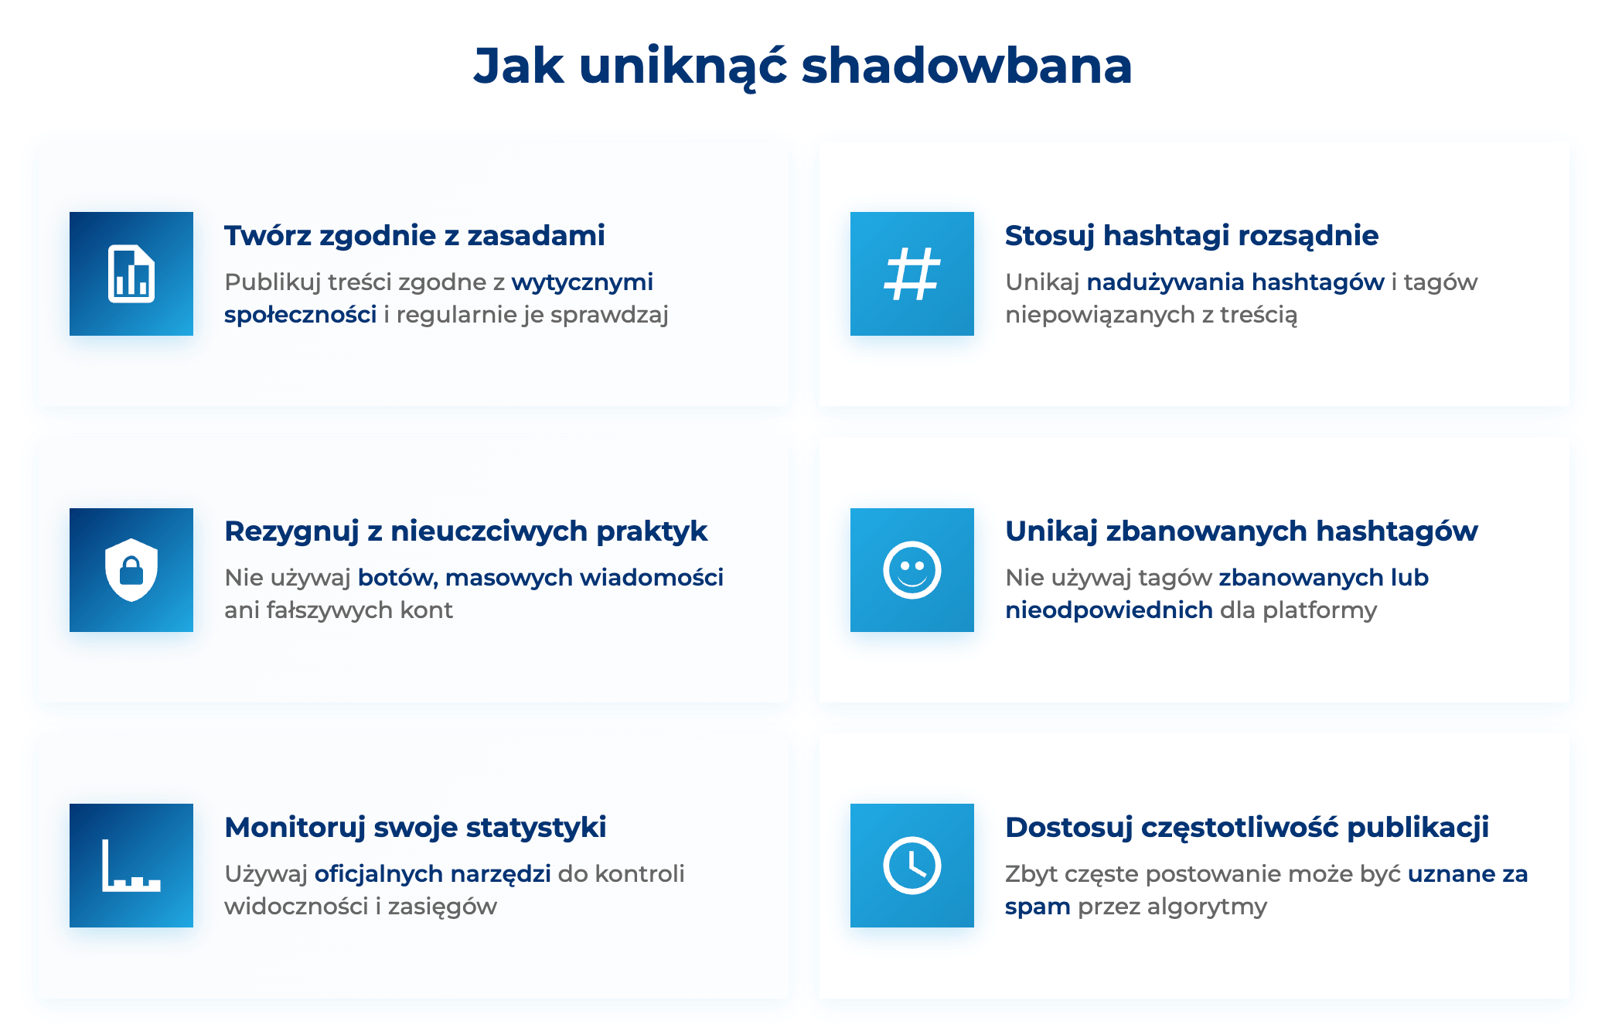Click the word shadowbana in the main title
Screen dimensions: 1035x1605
click(x=966, y=66)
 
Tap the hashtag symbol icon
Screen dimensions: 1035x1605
click(x=912, y=274)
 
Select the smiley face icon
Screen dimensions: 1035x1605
click(x=912, y=570)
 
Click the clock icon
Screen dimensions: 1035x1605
click(x=912, y=866)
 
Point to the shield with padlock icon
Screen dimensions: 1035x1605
click(x=131, y=570)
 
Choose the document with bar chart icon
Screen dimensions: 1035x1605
click(x=131, y=274)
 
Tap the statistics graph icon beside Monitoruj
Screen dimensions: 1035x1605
click(x=131, y=866)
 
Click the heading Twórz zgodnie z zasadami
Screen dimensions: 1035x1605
click(x=414, y=235)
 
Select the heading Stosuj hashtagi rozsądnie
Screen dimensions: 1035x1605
click(x=1191, y=235)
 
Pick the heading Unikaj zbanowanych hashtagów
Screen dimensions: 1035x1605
click(x=1241, y=531)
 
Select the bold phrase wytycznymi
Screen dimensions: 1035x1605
click(x=582, y=282)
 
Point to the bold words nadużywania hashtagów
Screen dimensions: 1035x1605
click(x=1235, y=282)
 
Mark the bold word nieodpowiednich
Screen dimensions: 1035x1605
click(x=1109, y=610)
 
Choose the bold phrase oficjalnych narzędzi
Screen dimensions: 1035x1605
click(x=432, y=874)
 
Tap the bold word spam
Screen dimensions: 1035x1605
click(x=1038, y=907)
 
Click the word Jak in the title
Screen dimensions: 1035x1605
click(x=518, y=66)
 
